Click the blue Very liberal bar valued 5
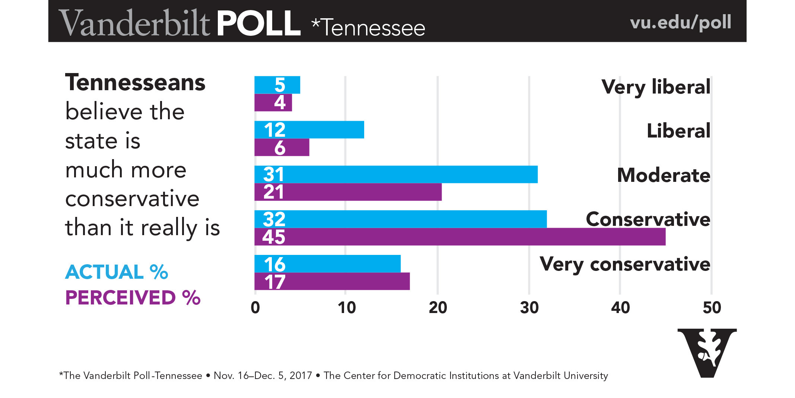click(277, 85)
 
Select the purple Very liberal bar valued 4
click(273, 102)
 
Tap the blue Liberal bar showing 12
click(309, 130)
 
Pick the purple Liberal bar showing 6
click(282, 147)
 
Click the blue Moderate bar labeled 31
click(396, 174)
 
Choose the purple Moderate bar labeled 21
click(348, 192)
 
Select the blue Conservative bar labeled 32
click(400, 219)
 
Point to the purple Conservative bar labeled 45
click(460, 237)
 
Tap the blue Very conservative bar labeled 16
click(327, 264)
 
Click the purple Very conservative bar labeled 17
click(332, 281)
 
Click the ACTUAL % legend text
click(117, 272)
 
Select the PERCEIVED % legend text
click(133, 298)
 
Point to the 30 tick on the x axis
click(529, 308)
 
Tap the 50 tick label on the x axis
click(712, 308)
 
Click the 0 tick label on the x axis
click(255, 308)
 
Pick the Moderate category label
click(664, 175)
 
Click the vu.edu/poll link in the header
click(680, 22)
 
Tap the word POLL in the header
click(258, 23)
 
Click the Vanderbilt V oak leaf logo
click(707, 353)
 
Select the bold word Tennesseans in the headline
click(135, 83)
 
